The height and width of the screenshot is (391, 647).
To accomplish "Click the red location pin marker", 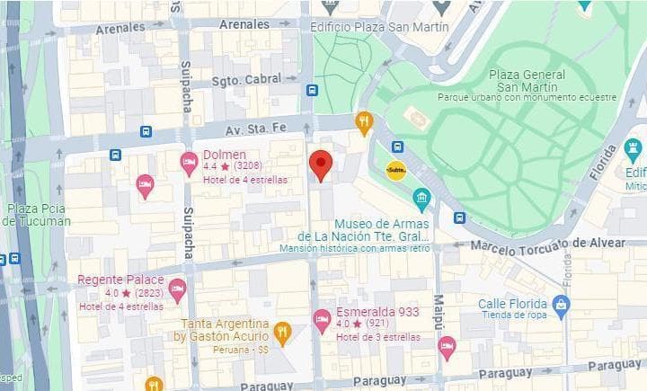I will pos(321,165).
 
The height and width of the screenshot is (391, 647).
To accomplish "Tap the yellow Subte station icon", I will pos(396,170).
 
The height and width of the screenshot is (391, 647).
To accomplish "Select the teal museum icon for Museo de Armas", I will pos(421,199).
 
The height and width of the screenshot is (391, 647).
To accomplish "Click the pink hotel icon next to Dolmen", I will pos(189,163).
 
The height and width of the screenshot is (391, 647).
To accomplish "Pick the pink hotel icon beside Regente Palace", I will pos(177,290).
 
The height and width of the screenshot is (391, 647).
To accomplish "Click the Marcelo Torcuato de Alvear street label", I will pos(547,244).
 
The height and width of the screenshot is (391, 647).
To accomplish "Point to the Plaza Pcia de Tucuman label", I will pos(36,215).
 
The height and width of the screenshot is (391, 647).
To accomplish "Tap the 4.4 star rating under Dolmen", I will pos(217,166).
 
